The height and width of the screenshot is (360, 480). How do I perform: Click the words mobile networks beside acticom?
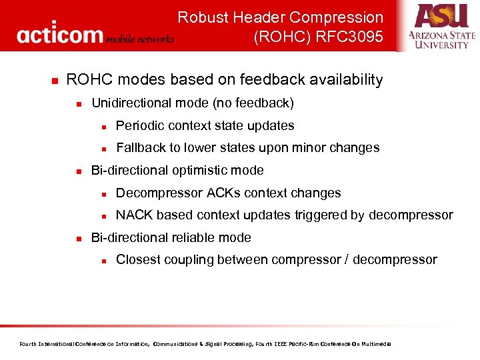tap(140, 39)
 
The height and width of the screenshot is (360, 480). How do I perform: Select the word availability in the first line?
tap(343, 80)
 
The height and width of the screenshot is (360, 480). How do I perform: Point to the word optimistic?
tap(201, 170)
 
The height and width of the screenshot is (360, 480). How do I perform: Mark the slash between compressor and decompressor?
tap(346, 259)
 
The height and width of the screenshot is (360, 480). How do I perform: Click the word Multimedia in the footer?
tap(377, 344)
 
